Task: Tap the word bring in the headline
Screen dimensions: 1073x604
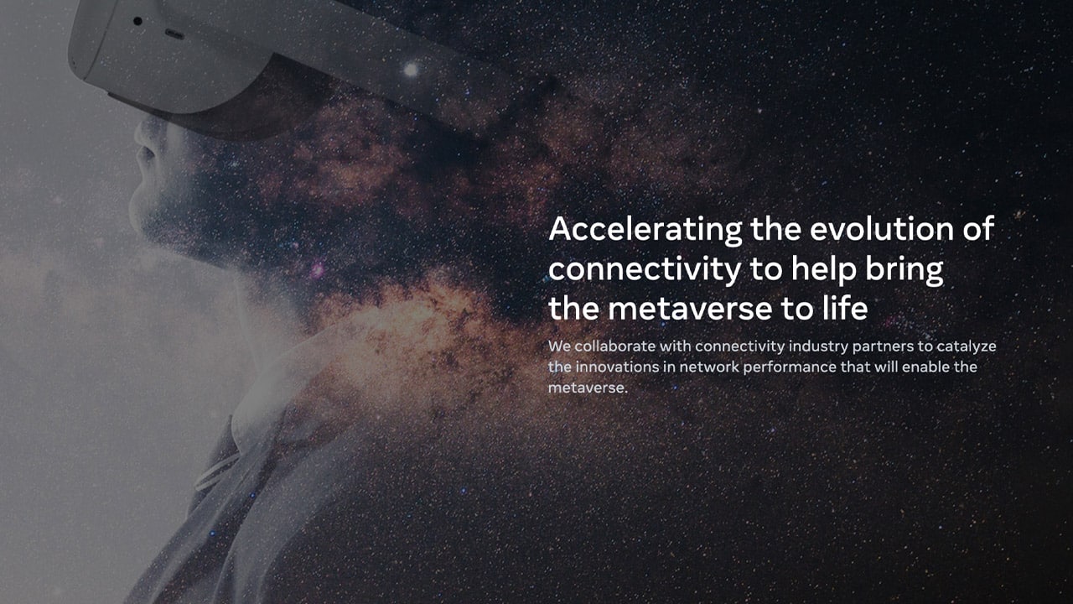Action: [x=905, y=270]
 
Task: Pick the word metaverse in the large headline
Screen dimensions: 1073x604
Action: [x=690, y=310]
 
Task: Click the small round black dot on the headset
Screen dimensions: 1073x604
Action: [x=137, y=21]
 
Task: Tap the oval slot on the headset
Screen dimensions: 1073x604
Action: [x=174, y=34]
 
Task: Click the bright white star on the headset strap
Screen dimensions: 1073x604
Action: [x=411, y=70]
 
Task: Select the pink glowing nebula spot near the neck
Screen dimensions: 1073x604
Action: [x=317, y=271]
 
